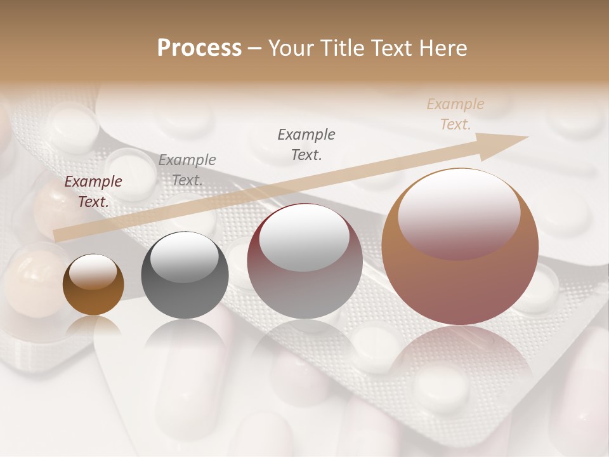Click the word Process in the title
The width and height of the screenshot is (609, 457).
199,48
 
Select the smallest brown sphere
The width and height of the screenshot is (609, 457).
93,285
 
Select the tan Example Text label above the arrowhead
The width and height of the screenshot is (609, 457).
455,114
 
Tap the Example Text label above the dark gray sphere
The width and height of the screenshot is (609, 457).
187,169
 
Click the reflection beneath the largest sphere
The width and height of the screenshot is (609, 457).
460,362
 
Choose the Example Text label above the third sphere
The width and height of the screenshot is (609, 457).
306,144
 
